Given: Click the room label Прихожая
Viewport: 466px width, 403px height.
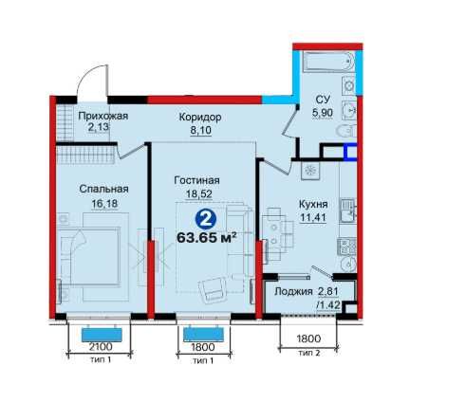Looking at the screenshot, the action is (x=103, y=116).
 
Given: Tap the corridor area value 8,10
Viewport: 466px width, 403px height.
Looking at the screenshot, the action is (x=200, y=130).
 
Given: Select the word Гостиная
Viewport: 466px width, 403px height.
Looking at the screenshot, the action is (x=196, y=180).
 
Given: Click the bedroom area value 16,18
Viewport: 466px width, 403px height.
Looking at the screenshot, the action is (x=104, y=204).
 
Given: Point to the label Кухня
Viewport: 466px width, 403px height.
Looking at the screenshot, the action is (x=313, y=204).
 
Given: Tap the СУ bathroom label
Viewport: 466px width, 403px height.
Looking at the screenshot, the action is (x=323, y=100).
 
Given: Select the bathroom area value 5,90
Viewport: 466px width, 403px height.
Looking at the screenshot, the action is (x=323, y=113).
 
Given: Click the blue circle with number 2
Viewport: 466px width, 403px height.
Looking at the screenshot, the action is (x=206, y=218).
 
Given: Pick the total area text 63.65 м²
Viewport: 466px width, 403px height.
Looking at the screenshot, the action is (x=207, y=237).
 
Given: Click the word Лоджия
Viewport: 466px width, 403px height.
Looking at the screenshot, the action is (x=293, y=291).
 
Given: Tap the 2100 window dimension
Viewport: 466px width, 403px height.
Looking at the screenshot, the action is (x=101, y=347).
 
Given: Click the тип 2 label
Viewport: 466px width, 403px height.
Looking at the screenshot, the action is (x=308, y=353).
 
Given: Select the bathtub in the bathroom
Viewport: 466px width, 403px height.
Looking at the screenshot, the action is (x=328, y=62).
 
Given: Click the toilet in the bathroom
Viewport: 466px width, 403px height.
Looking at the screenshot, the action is (x=346, y=131).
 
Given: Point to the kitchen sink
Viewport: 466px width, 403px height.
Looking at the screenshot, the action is (x=348, y=211).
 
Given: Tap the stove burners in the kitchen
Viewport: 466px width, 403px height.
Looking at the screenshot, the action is (x=347, y=247).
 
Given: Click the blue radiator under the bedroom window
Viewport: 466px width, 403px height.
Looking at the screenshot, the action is (x=102, y=335).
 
